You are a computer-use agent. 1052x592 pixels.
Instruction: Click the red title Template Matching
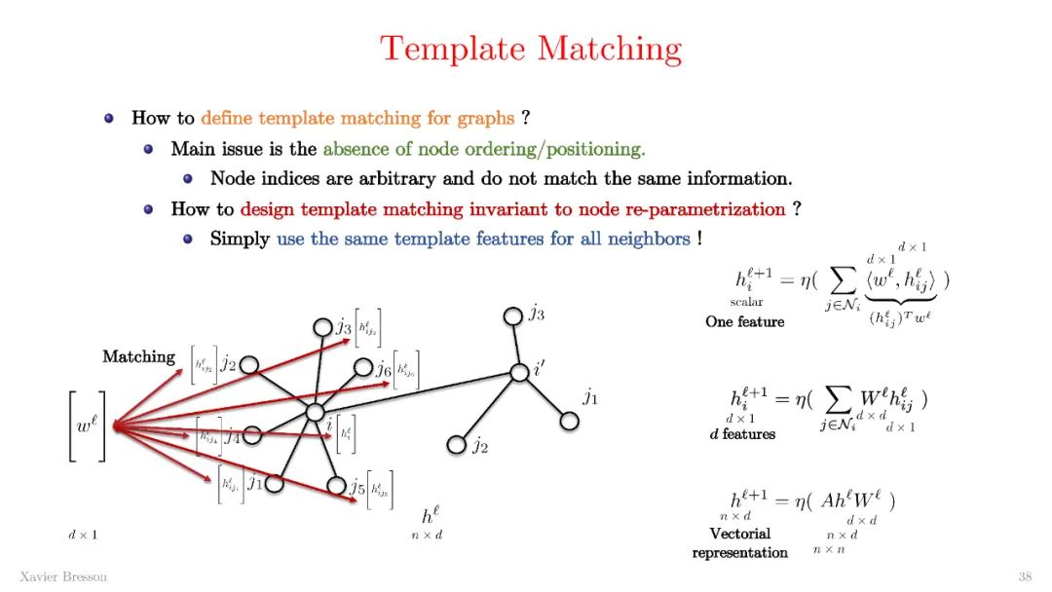coord(531,49)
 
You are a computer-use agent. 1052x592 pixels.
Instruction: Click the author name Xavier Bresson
coord(63,576)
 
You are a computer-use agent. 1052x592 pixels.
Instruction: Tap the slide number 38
coord(1024,576)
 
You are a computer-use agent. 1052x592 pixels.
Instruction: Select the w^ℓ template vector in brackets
coord(87,425)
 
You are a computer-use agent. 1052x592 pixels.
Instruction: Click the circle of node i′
coord(518,372)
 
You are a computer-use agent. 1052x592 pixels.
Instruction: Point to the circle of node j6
coord(363,367)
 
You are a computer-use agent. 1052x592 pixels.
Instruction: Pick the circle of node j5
coord(337,484)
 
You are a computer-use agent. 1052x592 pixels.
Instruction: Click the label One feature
coord(744,321)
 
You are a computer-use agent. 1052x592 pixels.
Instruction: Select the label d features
coord(742,434)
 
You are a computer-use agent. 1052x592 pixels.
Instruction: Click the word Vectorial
coord(739,534)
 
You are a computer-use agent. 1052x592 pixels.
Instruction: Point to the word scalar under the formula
coord(746,303)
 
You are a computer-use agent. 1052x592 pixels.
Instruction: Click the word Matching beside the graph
coord(138,357)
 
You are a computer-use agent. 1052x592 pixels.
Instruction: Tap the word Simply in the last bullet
coord(240,239)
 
